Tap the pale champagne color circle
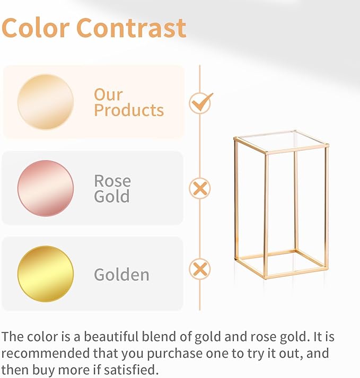45,102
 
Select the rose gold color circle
45,188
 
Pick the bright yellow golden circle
45,274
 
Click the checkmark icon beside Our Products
200,102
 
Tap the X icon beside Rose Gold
200,188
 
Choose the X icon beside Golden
200,269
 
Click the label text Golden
121,275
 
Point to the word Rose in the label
112,181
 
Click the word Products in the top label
129,110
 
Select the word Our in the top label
108,94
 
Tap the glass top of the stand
281,141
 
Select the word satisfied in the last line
135,368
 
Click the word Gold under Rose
111,197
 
